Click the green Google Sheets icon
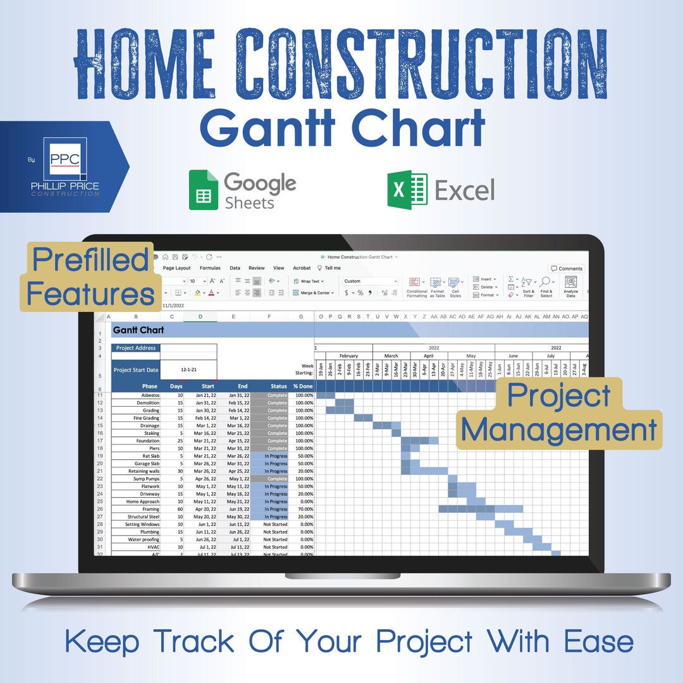click(x=203, y=190)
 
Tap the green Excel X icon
click(x=407, y=189)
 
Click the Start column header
click(x=207, y=386)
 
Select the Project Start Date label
click(x=136, y=370)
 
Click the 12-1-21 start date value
click(x=188, y=369)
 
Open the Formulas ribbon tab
click(x=210, y=268)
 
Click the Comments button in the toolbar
click(x=567, y=269)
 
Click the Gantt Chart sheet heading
click(x=138, y=330)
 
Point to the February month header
click(x=348, y=356)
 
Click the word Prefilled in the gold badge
click(x=90, y=260)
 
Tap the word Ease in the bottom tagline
click(x=599, y=642)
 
